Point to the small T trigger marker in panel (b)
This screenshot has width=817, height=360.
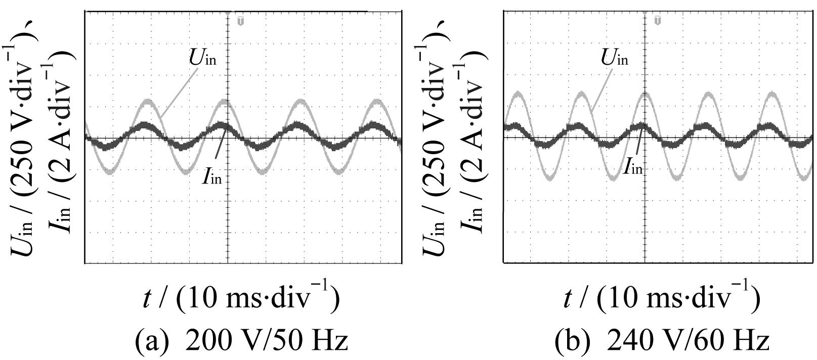tap(657, 20)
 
